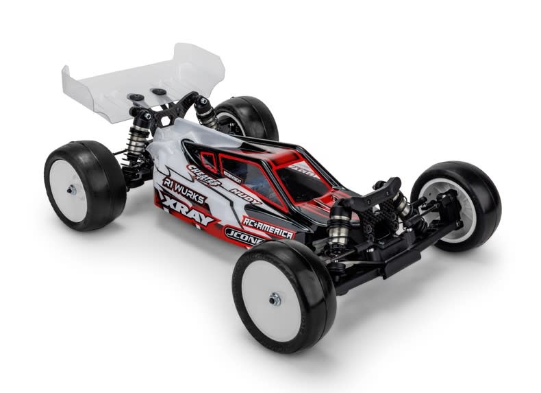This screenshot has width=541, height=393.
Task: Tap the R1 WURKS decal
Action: point(184,189)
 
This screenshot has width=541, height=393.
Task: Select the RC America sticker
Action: point(268,229)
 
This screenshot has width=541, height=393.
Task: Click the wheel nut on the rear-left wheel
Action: point(71,189)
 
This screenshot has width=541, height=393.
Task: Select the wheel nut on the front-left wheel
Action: point(274,299)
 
